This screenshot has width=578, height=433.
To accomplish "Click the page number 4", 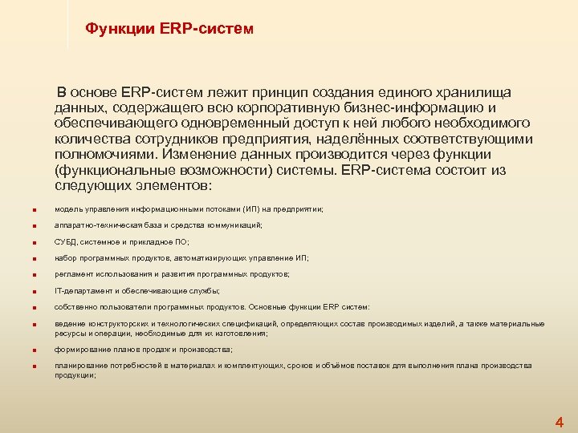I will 560,422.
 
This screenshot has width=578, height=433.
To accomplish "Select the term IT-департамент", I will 81,290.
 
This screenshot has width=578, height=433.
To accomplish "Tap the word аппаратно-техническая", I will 95,225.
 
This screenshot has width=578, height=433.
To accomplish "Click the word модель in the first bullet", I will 67,208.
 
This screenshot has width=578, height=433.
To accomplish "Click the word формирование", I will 79,350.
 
